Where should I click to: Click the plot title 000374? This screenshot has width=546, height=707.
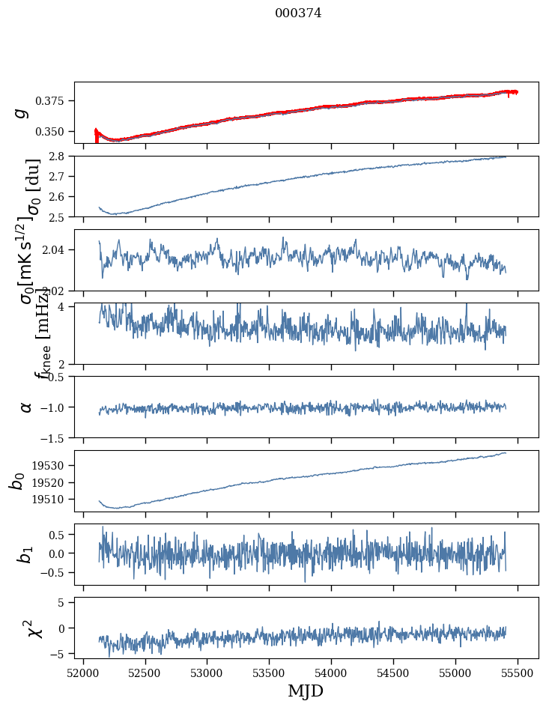(298, 13)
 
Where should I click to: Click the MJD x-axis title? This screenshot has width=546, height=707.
(306, 691)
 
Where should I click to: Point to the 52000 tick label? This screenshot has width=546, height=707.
(83, 671)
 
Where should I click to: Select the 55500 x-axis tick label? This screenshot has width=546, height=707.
(518, 671)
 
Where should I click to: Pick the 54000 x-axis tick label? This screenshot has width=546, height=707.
(332, 671)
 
